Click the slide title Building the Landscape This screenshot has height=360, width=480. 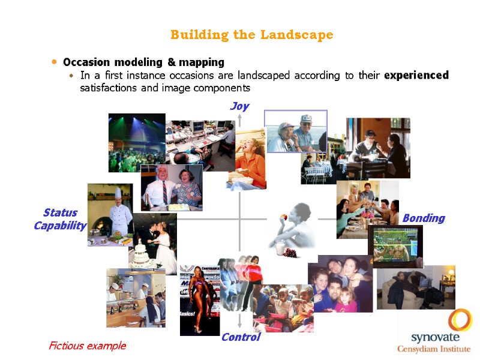251,35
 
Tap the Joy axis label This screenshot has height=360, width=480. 239,106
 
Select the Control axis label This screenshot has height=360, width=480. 241,337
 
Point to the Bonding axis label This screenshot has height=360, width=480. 424,218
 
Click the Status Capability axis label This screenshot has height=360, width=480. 60,219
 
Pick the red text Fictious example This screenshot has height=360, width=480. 87,346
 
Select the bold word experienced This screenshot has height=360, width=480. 416,75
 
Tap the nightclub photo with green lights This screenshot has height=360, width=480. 136,142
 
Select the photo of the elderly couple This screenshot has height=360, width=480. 296,131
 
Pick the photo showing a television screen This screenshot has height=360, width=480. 395,245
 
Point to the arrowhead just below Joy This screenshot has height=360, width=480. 239,117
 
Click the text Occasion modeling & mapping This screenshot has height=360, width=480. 143,62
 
